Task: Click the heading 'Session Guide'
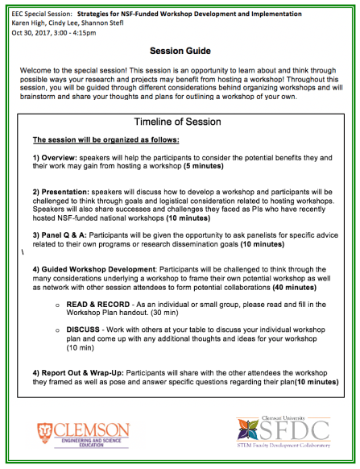pos(180,49)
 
